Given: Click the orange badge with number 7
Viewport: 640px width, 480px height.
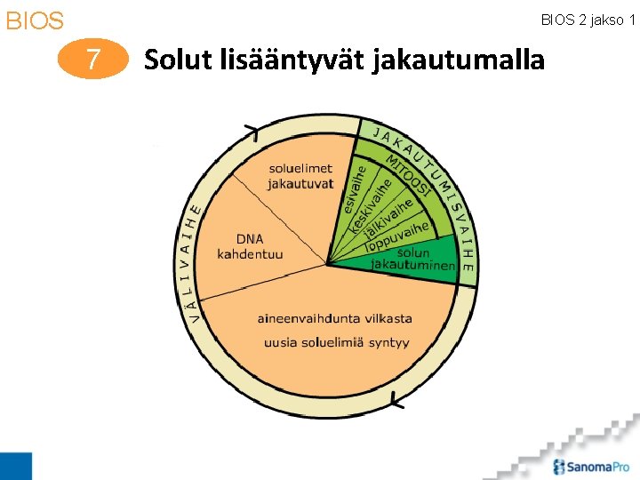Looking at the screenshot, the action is click(92, 60).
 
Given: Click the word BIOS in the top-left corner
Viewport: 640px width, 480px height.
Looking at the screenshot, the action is click(35, 20).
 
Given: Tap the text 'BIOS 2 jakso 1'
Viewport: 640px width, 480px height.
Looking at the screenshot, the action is click(588, 20).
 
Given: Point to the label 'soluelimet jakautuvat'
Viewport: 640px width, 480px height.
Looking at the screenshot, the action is click(300, 175).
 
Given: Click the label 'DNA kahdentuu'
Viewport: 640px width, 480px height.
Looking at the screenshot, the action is click(250, 246).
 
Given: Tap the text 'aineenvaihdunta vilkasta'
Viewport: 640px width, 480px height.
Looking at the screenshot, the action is click(334, 318).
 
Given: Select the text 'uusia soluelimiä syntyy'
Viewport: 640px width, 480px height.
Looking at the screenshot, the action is click(336, 342).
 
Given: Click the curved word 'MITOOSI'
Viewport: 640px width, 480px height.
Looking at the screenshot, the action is click(410, 174).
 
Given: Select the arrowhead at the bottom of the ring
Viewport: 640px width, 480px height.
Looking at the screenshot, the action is click(396, 402).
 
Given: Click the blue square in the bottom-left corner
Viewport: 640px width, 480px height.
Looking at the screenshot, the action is click(15, 466).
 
